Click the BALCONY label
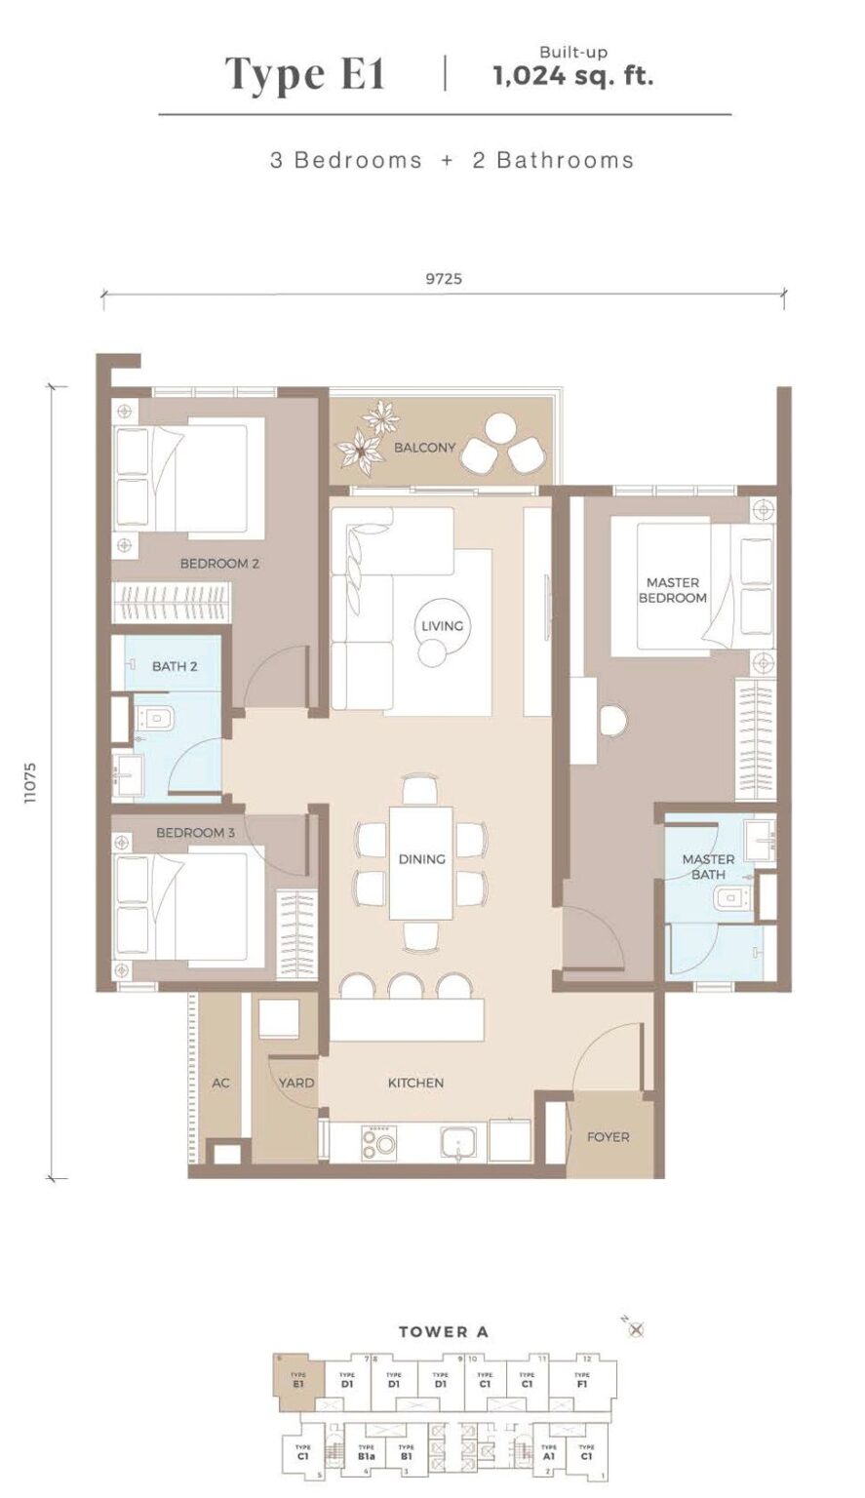(424, 448)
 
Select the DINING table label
(421, 859)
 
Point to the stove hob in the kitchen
(379, 1141)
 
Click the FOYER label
(608, 1137)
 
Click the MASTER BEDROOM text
(672, 590)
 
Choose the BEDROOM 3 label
(195, 833)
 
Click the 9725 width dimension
(443, 279)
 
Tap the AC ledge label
(220, 1083)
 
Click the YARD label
(295, 1083)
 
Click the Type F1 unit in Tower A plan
(582, 1380)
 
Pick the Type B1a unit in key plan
(366, 1451)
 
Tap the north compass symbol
(637, 1329)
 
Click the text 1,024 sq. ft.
(572, 77)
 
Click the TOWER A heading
(443, 1331)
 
